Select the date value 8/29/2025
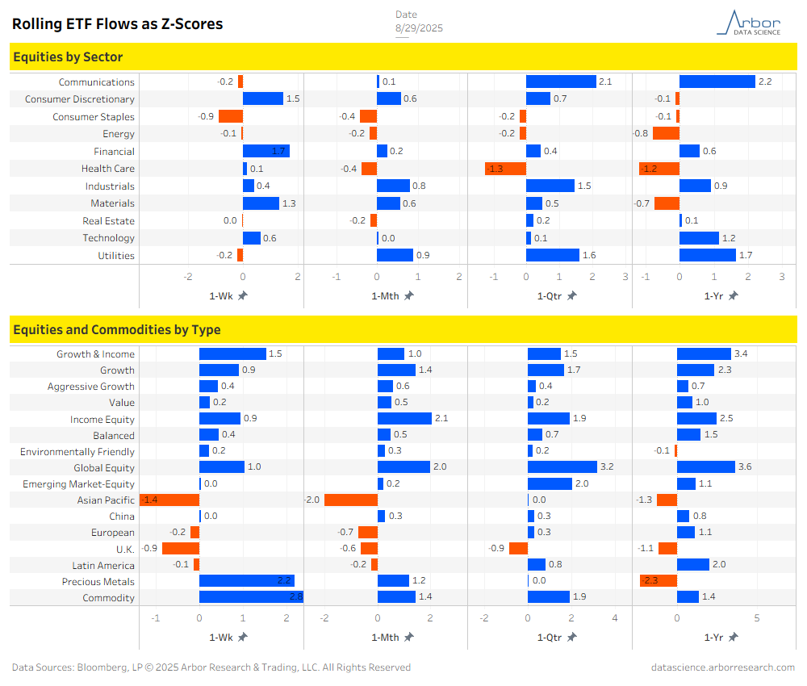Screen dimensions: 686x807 [419, 28]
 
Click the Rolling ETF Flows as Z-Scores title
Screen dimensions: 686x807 [117, 24]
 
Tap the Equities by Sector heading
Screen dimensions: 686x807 [68, 56]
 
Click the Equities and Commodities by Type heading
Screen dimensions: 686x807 [117, 329]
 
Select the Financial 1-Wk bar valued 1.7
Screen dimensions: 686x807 [266, 151]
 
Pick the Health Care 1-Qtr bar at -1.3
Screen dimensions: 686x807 [505, 169]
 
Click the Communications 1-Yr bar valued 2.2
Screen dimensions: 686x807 [717, 82]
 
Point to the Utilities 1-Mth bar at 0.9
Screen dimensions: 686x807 [395, 255]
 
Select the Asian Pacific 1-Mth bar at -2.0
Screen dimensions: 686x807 [351, 500]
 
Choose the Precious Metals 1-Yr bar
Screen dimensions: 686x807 [659, 581]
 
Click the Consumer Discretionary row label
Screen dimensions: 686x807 [80, 99]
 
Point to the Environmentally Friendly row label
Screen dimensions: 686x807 [77, 452]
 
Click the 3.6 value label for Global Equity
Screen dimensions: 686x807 [746, 467]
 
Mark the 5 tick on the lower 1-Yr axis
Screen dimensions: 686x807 [757, 618]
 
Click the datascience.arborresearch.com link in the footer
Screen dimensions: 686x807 [723, 667]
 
